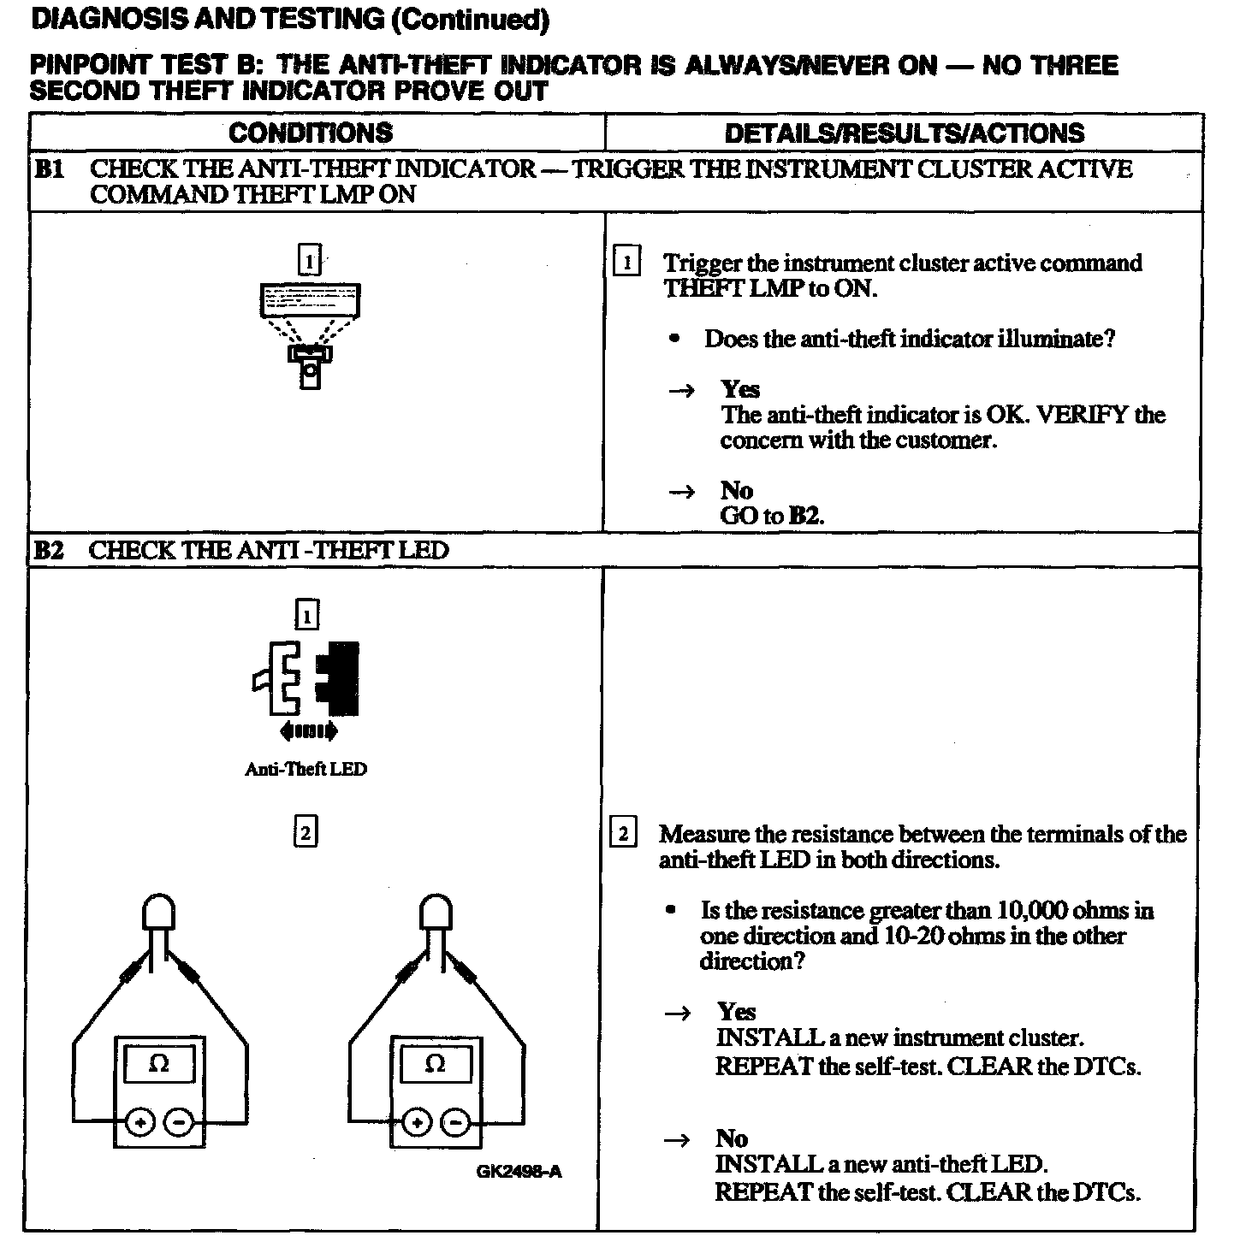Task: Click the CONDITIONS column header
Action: tap(310, 133)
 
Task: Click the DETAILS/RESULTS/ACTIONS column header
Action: tap(904, 133)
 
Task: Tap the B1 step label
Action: tap(49, 168)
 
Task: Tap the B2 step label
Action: tap(49, 550)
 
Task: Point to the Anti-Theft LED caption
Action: tap(306, 769)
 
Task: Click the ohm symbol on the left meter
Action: tap(159, 1064)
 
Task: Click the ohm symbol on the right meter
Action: tap(436, 1064)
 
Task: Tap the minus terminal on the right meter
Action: tap(457, 1121)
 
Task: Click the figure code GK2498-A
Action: tap(519, 1171)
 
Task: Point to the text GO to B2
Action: tap(772, 516)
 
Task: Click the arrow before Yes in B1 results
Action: tap(681, 391)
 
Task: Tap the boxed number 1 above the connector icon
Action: tap(306, 615)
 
